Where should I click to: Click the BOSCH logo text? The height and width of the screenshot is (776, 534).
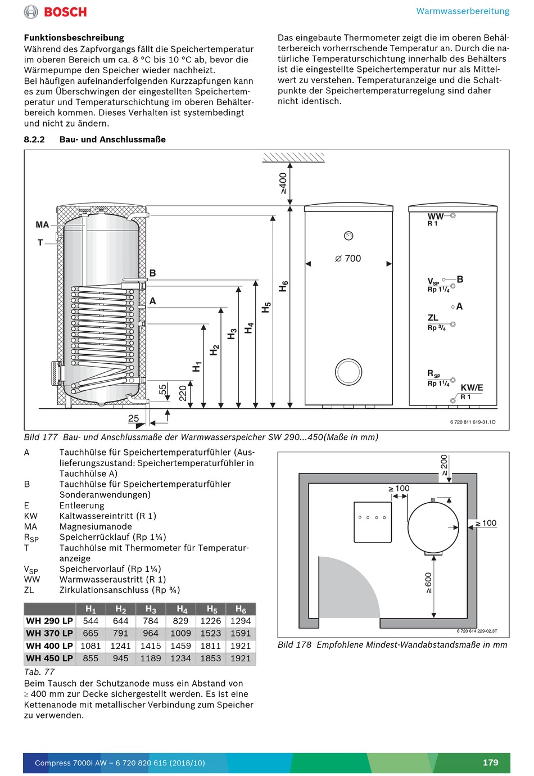65,12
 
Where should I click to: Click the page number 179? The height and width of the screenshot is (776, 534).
490,762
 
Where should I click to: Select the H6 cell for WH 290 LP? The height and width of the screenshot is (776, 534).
241,620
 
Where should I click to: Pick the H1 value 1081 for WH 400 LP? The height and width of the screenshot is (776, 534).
90,646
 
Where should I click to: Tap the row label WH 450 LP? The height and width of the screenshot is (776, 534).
49,658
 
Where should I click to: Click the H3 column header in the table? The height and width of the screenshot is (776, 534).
151,608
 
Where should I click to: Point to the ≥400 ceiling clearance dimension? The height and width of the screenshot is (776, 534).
283,183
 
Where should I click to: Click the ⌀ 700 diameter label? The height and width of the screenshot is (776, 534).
348,259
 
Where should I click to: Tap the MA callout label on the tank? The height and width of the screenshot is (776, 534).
42,224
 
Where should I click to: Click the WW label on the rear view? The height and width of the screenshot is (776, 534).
435,216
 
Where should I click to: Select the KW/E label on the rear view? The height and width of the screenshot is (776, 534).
472,387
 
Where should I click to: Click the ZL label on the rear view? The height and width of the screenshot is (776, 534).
433,318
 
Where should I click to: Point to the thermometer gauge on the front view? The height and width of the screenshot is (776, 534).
349,236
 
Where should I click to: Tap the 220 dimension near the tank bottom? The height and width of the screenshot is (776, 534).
183,393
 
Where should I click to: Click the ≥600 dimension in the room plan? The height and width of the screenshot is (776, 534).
428,583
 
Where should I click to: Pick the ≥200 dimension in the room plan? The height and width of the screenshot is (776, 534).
444,465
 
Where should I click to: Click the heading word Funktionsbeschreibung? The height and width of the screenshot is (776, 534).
74,38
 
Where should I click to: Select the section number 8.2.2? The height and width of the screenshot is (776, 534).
34,139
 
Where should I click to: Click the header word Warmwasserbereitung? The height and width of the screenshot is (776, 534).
463,11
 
